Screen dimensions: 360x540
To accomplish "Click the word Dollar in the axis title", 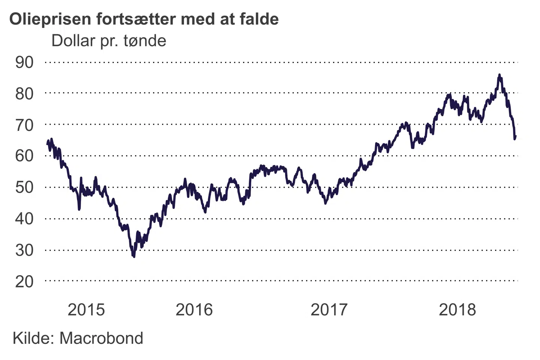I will click(x=73, y=41).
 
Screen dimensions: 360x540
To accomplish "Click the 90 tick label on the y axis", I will click(x=24, y=62).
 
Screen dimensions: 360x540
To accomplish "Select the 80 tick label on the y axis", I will click(x=24, y=94).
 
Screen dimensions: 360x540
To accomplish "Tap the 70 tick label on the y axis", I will click(x=24, y=125).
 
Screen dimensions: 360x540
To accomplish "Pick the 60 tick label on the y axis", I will click(x=24, y=156).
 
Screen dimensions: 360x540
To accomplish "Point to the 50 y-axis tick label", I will click(x=24, y=187).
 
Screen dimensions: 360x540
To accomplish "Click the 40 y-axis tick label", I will click(x=24, y=218).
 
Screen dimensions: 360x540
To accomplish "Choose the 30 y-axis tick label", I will click(x=24, y=250).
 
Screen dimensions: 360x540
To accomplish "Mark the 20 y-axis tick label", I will click(x=24, y=281).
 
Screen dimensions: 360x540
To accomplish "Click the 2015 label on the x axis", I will click(x=86, y=310).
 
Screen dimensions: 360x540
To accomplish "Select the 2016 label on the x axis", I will click(x=194, y=310).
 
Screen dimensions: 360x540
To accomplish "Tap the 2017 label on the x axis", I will click(x=329, y=310).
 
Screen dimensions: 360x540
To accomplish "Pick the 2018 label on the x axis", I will click(x=457, y=310).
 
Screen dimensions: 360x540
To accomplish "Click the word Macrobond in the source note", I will click(x=101, y=338).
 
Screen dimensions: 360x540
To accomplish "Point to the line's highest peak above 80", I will click(x=499, y=75).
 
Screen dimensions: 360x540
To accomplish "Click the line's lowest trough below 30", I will click(x=134, y=256).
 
